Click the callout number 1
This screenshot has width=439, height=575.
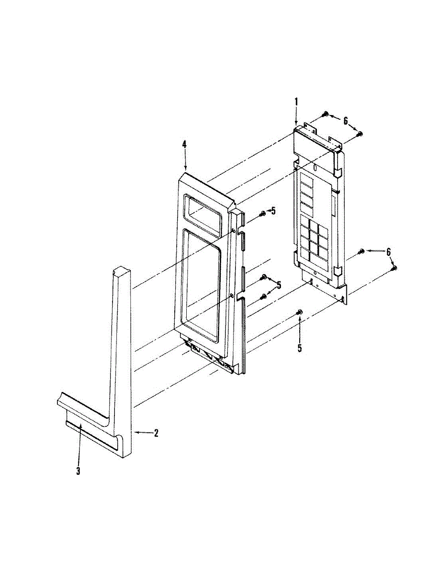point(296,102)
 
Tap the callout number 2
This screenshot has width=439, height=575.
point(156,433)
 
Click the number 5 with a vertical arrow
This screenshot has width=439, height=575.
point(300,348)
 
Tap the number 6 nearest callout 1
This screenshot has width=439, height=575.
point(346,122)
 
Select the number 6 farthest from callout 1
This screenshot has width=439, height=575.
point(388,252)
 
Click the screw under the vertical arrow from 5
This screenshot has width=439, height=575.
point(300,312)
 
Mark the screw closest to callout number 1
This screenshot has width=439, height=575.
point(326,114)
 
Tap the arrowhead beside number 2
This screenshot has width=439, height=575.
point(137,433)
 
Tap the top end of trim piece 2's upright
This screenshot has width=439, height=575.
point(122,272)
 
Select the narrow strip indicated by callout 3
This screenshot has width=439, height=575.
point(91,432)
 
